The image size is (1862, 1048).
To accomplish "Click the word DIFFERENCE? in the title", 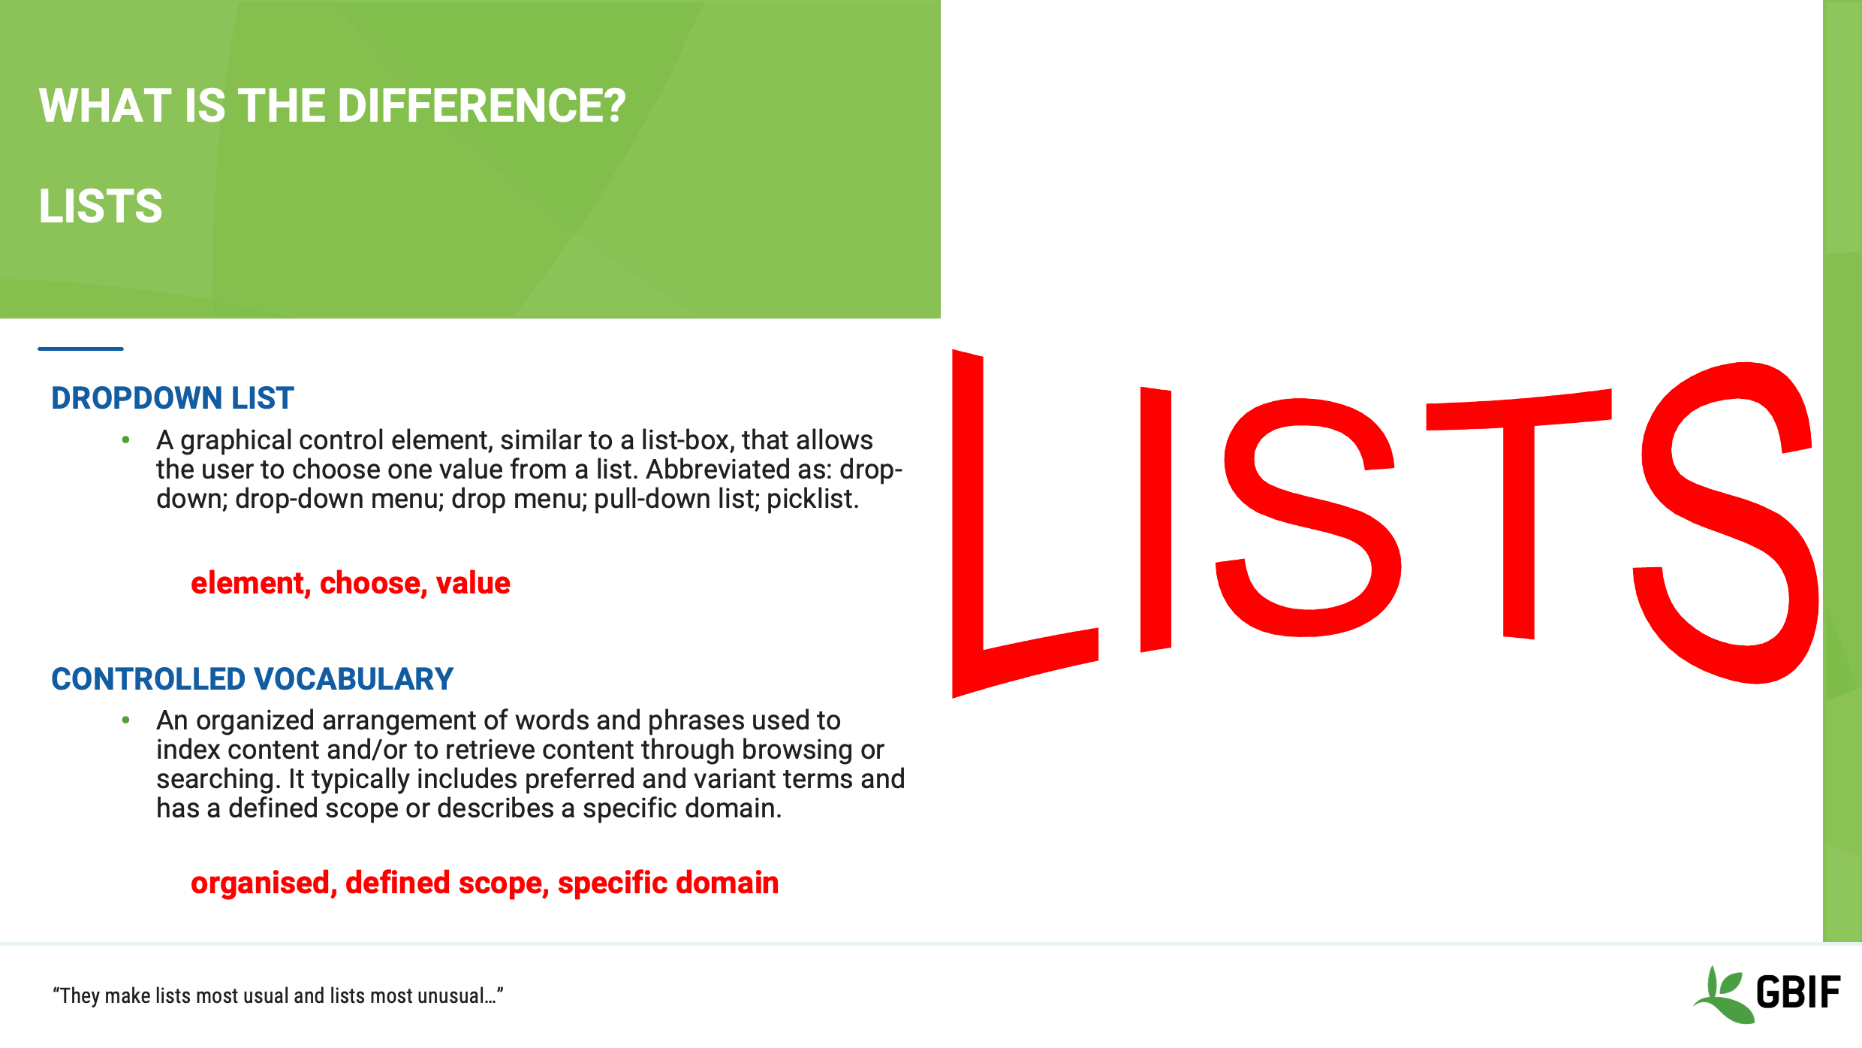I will pyautogui.click(x=481, y=106).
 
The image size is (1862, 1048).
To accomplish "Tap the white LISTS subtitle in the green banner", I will pyautogui.click(x=101, y=207).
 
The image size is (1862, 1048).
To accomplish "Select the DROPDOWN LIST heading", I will pyautogui.click(x=172, y=398).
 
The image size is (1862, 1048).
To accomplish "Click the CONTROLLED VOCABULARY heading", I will pyautogui.click(x=252, y=679).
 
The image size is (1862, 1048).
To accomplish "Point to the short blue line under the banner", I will pyautogui.click(x=80, y=349).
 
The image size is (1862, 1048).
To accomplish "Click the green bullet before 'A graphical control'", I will pyautogui.click(x=126, y=440).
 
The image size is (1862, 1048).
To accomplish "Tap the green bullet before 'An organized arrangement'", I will pyautogui.click(x=126, y=720).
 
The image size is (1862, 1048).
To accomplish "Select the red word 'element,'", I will pyautogui.click(x=251, y=584).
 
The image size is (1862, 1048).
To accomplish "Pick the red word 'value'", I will pyautogui.click(x=473, y=584).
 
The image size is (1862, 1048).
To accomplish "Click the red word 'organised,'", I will pyautogui.click(x=264, y=883).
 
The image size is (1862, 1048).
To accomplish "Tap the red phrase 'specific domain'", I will pyautogui.click(x=667, y=883).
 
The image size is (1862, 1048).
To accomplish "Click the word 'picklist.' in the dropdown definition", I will pyautogui.click(x=812, y=500).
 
